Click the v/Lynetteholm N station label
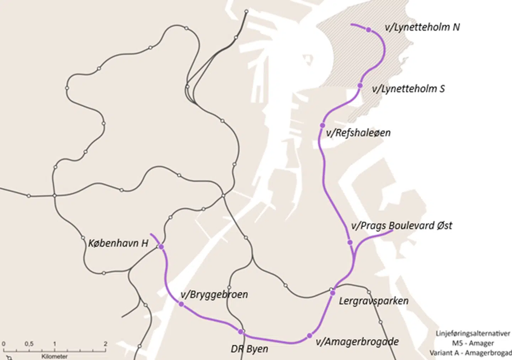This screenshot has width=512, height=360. (422, 27)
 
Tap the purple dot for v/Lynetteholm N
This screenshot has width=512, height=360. (369, 30)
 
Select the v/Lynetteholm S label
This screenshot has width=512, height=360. (408, 89)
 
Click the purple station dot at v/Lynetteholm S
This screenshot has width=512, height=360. (360, 86)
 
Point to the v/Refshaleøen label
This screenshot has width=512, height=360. (358, 133)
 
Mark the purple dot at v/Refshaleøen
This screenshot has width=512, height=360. (322, 125)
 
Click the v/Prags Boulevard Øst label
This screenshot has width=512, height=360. (401, 226)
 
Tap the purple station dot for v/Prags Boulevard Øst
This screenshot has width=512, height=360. (350, 243)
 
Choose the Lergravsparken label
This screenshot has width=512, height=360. (373, 301)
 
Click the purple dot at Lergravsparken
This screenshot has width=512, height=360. (333, 293)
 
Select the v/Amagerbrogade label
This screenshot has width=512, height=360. (357, 342)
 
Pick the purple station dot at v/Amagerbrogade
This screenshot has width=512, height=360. (309, 336)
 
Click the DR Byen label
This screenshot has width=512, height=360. (250, 349)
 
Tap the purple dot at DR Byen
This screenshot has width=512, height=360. (241, 332)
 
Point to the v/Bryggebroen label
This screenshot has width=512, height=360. (214, 295)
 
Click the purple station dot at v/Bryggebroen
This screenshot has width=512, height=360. (181, 304)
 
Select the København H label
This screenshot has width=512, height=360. (118, 243)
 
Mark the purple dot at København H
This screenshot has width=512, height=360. (161, 247)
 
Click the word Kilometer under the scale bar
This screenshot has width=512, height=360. (54, 356)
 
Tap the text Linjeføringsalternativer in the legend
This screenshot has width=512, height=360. (473, 334)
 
